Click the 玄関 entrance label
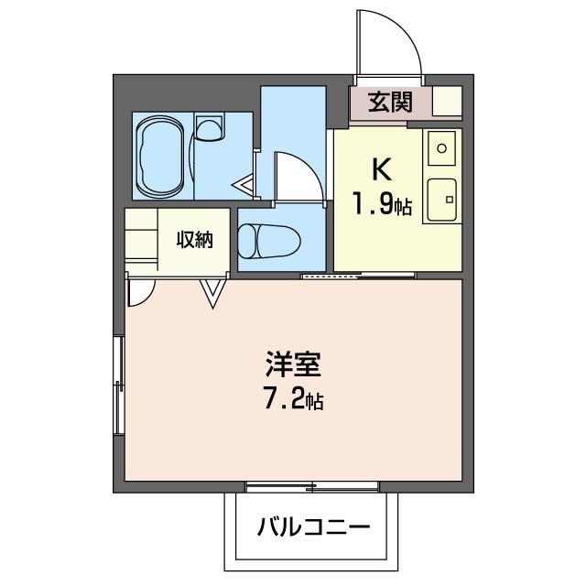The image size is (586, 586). click(x=390, y=103)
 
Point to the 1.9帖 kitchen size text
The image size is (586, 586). click(x=383, y=206)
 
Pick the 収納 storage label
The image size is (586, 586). click(x=194, y=240)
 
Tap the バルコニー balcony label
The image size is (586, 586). click(x=313, y=528)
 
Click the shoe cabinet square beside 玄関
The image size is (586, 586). click(x=447, y=102)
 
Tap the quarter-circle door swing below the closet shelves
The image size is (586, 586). click(x=140, y=291)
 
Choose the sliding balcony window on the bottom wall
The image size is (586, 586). click(x=311, y=484)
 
